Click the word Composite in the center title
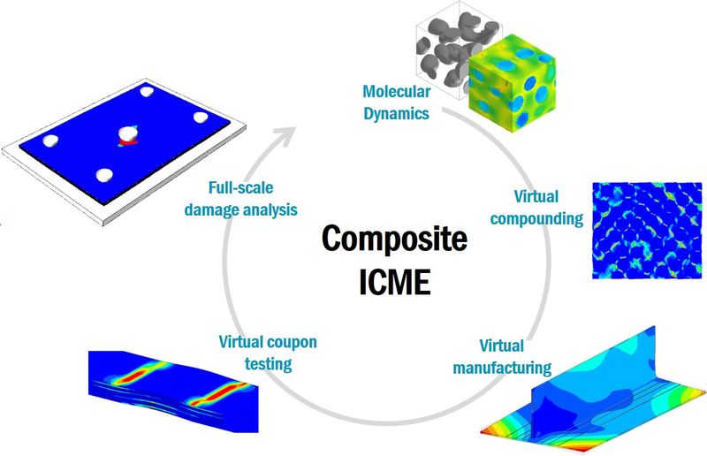tap(394, 240)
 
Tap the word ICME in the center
tap(394, 282)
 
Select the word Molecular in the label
tap(396, 92)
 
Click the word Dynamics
tap(396, 113)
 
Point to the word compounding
tap(536, 219)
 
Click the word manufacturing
tap(502, 368)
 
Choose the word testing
tap(269, 363)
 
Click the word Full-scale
tap(240, 187)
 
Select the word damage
tap(211, 209)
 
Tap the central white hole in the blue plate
tap(127, 133)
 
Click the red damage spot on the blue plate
tap(128, 142)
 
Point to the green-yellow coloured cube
tap(512, 83)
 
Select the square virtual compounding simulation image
tap(647, 230)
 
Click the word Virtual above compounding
tap(536, 197)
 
